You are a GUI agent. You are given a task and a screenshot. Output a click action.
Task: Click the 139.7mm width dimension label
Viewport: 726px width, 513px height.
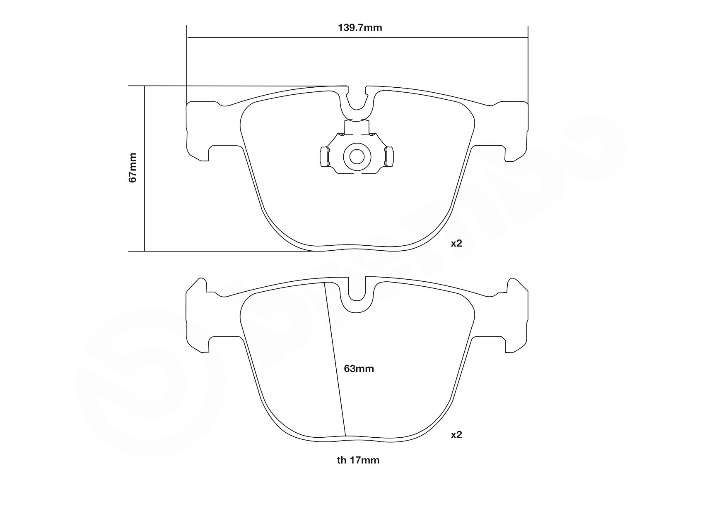tap(359, 28)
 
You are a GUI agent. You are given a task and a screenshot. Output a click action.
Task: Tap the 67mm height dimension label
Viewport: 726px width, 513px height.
tap(132, 168)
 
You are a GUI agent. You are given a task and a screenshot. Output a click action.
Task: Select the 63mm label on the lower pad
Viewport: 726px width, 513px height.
tap(359, 369)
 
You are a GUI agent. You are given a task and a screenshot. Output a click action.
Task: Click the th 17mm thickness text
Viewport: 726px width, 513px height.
tap(358, 460)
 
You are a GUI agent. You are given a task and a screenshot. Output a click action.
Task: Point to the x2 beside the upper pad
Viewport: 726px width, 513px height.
tap(456, 243)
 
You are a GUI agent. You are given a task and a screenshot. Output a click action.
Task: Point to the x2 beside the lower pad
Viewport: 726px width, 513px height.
tap(456, 435)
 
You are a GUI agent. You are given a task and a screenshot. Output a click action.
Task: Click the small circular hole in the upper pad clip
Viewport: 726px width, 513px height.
tap(357, 157)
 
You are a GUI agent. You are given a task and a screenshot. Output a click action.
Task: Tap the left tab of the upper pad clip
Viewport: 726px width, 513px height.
tap(324, 157)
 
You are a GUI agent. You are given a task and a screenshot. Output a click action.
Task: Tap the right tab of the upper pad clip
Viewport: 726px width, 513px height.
tap(389, 157)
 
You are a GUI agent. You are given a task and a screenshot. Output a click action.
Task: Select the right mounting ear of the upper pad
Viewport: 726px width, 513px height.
tap(517, 130)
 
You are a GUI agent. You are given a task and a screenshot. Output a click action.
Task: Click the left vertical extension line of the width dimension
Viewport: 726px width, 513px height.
tap(187, 62)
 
